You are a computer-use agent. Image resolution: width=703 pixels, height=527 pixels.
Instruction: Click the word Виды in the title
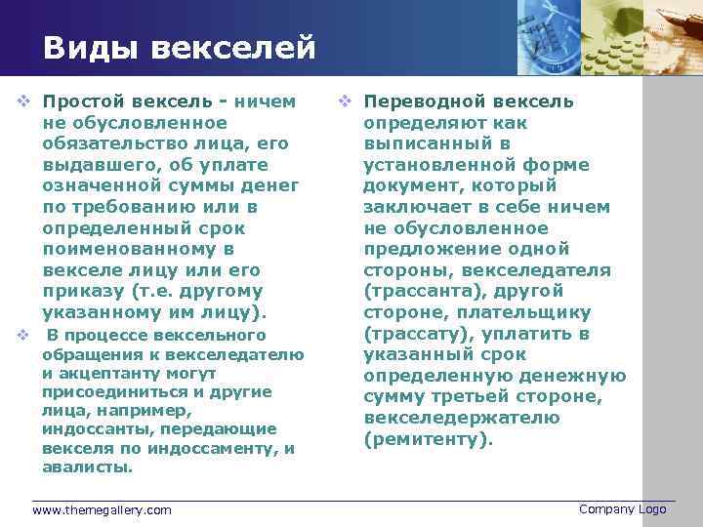click(87, 47)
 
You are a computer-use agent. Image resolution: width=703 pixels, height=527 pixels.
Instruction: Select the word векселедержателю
click(462, 418)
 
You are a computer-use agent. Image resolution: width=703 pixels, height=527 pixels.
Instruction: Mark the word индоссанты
click(90, 428)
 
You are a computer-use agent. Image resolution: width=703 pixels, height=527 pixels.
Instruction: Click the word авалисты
click(87, 466)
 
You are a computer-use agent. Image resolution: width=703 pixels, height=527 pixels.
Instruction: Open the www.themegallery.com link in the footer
click(102, 509)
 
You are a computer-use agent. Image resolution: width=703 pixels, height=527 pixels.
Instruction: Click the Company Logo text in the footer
click(622, 508)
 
